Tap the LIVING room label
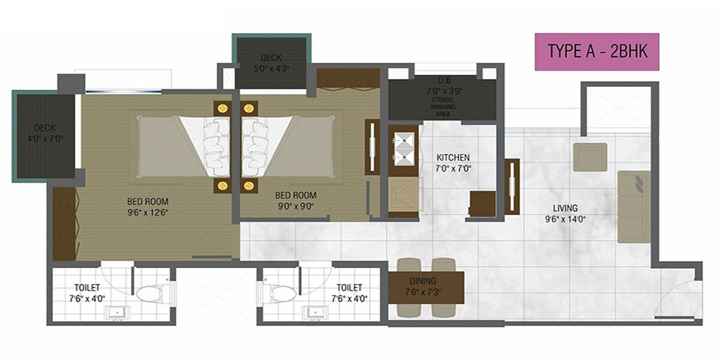[x=565, y=209]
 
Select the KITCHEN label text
[x=453, y=158]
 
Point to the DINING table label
[x=422, y=281]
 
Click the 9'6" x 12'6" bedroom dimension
[x=147, y=212]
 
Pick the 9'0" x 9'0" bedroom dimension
[x=295, y=206]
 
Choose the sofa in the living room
[x=634, y=206]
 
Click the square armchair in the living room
[x=590, y=157]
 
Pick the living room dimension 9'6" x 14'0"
[x=565, y=219]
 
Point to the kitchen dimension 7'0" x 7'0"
[x=453, y=168]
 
